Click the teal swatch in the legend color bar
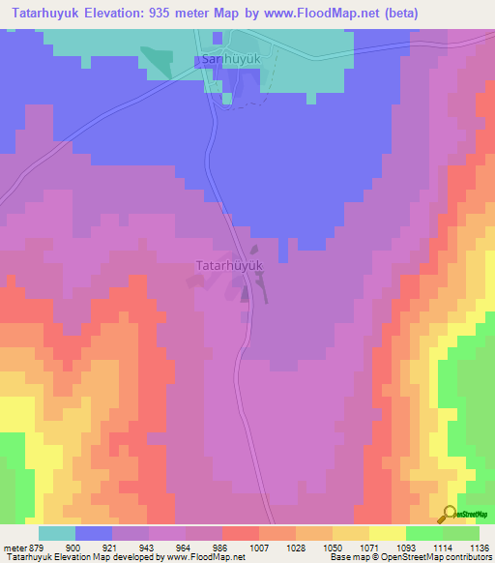(56, 533)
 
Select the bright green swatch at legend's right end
(461, 533)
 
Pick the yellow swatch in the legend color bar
(387, 533)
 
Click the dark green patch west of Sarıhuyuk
(153, 60)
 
